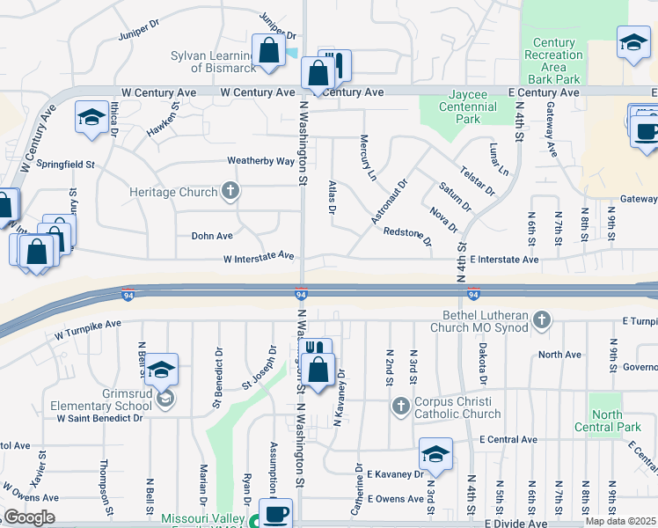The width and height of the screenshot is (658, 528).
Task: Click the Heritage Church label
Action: tap(172, 191)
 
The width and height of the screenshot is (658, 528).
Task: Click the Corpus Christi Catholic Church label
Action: tap(457, 407)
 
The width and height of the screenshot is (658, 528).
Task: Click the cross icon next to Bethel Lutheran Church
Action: tap(542, 320)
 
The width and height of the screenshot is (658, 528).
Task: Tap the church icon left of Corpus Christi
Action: tap(401, 406)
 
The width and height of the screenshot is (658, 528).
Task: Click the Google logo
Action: tap(28, 517)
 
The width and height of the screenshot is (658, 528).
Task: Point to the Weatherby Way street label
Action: tap(261, 161)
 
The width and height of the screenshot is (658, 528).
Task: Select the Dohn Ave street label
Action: tap(212, 236)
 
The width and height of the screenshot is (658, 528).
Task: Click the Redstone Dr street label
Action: tap(407, 236)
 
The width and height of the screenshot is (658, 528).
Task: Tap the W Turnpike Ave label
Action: tap(87, 330)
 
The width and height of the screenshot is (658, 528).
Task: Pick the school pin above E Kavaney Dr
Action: tap(435, 454)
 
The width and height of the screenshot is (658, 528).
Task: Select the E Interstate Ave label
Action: tap(503, 260)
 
